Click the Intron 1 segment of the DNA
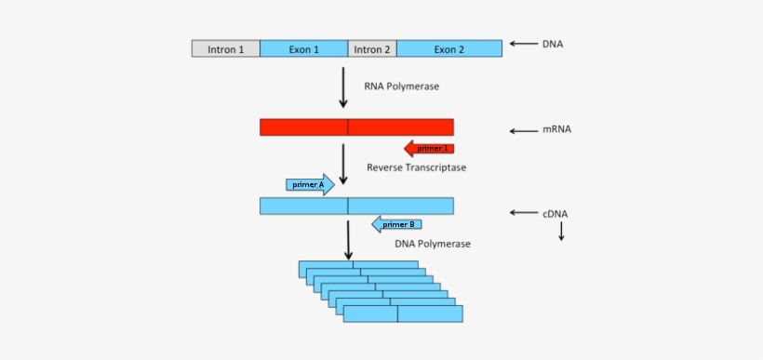click(x=226, y=48)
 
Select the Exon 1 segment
click(x=303, y=48)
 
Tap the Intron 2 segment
click(x=372, y=48)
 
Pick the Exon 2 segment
click(x=449, y=48)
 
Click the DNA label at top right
click(x=553, y=44)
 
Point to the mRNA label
click(x=556, y=129)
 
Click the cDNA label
click(x=555, y=213)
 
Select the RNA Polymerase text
click(x=402, y=87)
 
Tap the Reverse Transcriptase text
click(x=416, y=167)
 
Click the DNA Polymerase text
click(x=433, y=244)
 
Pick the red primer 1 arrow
click(x=428, y=148)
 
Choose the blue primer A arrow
click(x=311, y=184)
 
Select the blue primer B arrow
click(x=396, y=224)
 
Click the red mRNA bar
click(x=356, y=127)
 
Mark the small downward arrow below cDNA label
click(x=561, y=232)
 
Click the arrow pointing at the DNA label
click(x=524, y=44)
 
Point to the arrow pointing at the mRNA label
click(x=524, y=130)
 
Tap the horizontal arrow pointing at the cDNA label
click(x=524, y=213)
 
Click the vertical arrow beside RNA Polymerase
click(x=343, y=87)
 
